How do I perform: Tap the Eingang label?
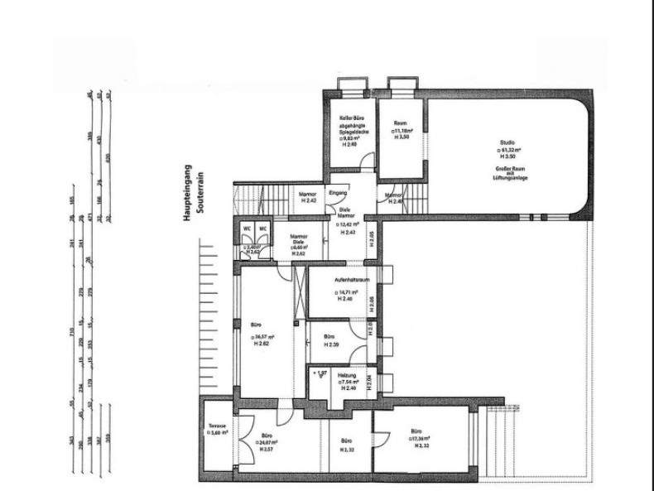click(339, 193)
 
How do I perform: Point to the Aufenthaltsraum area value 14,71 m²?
click(348, 292)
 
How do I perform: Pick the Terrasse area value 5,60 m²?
click(219, 433)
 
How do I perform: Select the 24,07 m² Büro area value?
click(266, 442)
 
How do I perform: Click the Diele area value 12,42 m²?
click(349, 224)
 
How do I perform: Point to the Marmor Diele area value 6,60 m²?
click(298, 248)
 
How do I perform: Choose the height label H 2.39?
click(329, 344)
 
